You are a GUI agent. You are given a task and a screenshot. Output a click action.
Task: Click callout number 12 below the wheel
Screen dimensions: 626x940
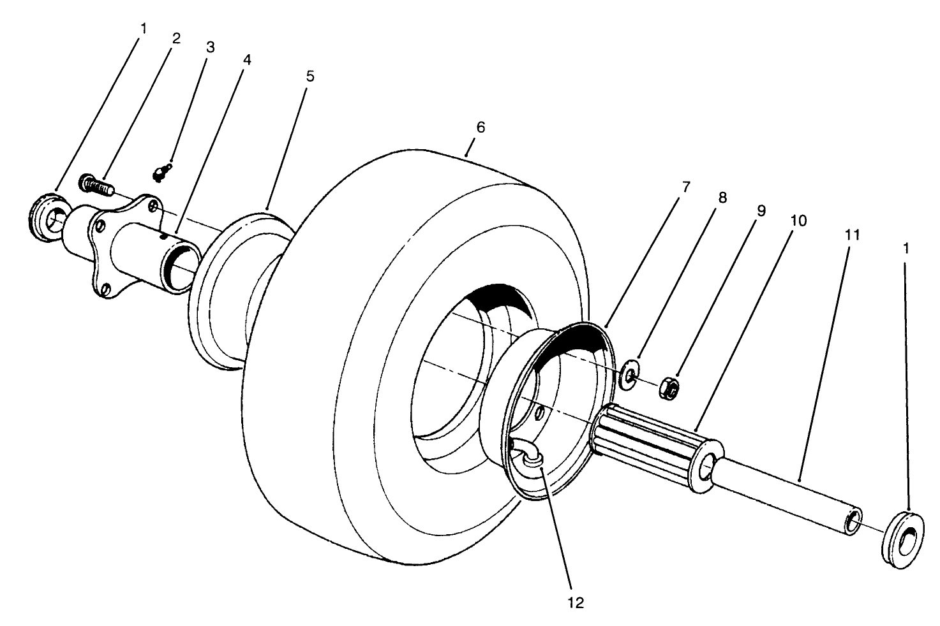coord(576,602)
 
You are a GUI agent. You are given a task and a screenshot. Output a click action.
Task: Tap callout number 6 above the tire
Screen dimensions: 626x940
coord(481,127)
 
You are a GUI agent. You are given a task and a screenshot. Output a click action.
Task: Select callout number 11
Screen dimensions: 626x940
coord(853,235)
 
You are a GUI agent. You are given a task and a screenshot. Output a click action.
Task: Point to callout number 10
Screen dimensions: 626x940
coord(798,221)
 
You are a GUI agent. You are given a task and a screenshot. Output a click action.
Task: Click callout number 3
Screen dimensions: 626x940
coord(210,47)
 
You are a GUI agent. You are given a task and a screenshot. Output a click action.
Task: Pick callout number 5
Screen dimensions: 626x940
coord(310,76)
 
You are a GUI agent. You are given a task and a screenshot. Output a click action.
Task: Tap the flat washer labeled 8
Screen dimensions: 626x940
coord(629,373)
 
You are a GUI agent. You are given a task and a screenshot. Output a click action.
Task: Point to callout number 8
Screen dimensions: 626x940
coord(722,197)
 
